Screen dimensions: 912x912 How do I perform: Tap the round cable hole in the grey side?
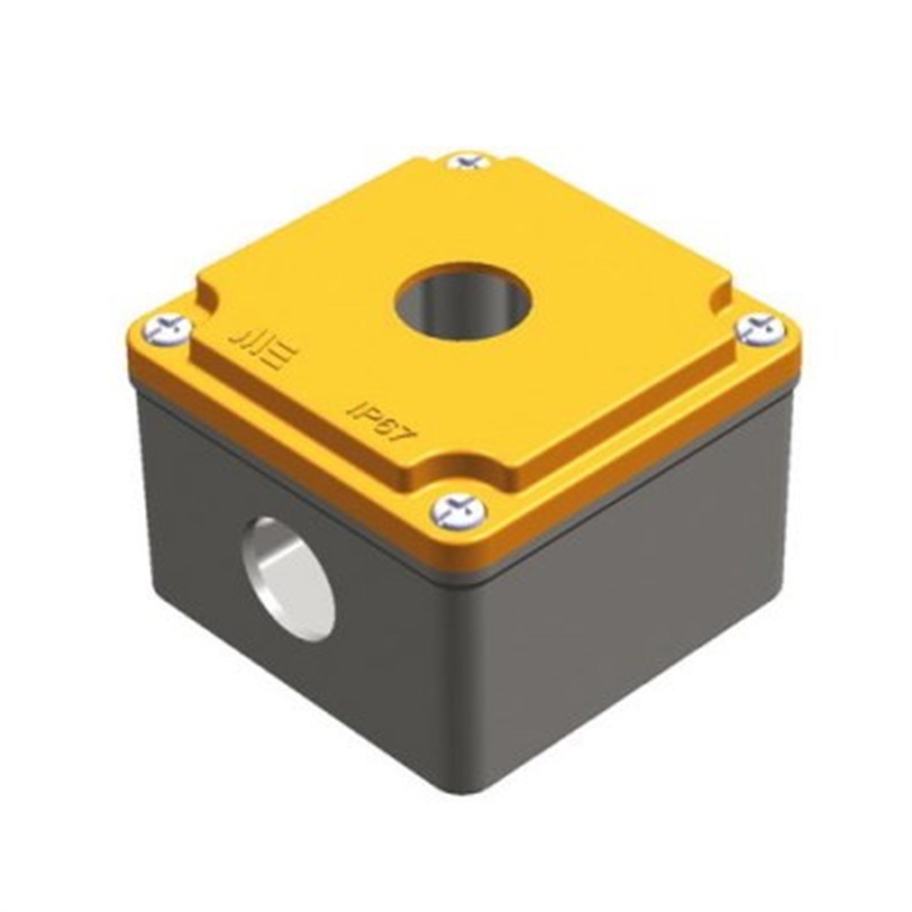click(x=288, y=578)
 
